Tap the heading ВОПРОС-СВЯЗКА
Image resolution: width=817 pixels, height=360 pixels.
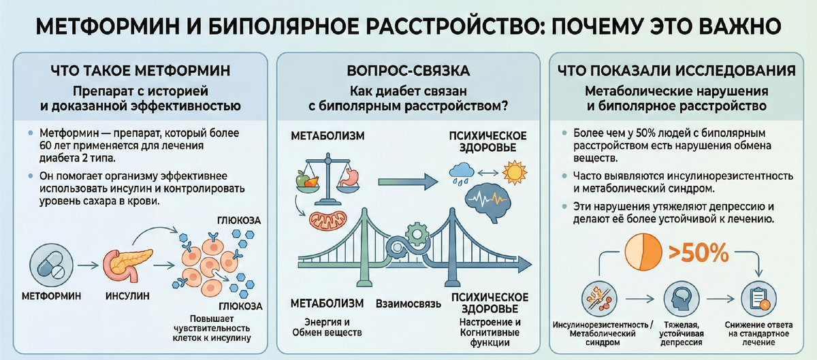[408, 71]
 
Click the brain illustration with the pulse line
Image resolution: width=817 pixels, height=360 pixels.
[489, 200]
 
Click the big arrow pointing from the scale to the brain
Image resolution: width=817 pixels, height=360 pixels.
[406, 181]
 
